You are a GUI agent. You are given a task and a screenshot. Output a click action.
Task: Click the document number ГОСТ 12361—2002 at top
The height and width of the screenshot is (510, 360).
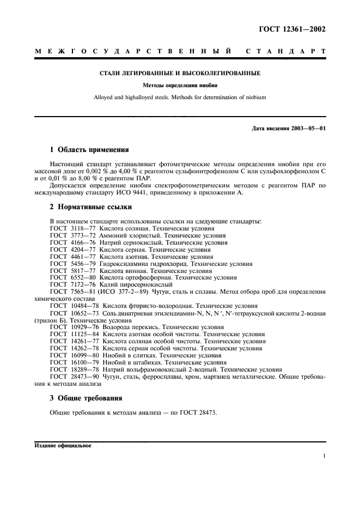coord(292,29)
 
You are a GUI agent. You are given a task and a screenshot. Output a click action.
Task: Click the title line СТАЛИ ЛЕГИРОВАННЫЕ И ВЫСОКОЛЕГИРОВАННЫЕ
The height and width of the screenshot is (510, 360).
coord(180,73)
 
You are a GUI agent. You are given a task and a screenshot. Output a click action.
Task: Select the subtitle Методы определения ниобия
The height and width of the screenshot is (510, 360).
coord(180,86)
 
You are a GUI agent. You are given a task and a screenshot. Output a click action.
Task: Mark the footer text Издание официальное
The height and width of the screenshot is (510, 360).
coord(63,445)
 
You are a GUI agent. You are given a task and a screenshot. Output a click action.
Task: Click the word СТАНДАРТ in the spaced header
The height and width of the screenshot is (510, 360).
coord(286,52)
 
